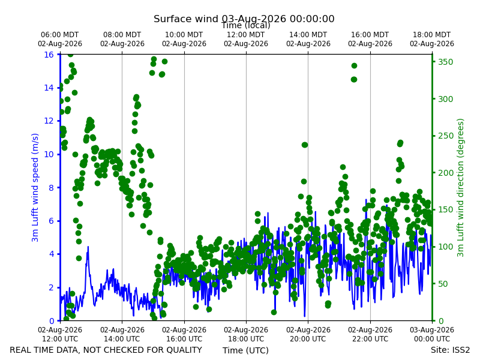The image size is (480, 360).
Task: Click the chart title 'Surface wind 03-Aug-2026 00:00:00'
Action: pyautogui.click(x=244, y=19)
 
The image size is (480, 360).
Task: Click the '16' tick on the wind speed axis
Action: pyautogui.click(x=49, y=55)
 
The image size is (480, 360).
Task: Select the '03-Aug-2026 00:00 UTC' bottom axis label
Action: pyautogui.click(x=432, y=334)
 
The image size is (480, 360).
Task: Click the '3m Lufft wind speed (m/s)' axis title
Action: pyautogui.click(x=35, y=187)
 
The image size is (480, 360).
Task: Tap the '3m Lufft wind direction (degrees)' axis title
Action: pyautogui.click(x=460, y=188)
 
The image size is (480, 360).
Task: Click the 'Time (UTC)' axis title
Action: pyautogui.click(x=245, y=350)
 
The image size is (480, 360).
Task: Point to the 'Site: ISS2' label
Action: pyautogui.click(x=450, y=350)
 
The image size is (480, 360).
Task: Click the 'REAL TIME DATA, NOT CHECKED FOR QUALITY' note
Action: pyautogui.click(x=106, y=350)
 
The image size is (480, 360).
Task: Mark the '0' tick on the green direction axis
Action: pyautogui.click(x=440, y=321)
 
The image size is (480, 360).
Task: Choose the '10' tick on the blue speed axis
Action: pyautogui.click(x=49, y=154)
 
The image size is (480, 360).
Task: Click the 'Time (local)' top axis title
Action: pyautogui.click(x=246, y=25)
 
